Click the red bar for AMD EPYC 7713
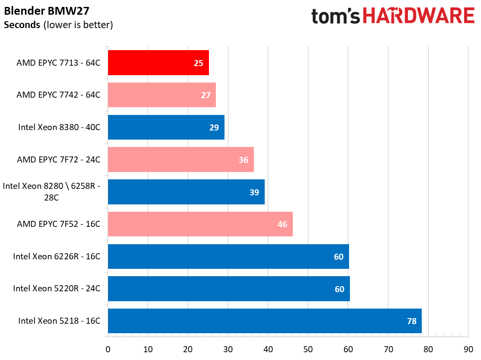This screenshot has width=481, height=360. [x=158, y=63]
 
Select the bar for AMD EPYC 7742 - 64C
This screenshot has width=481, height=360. [x=162, y=95]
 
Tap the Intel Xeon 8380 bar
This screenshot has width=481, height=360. [x=166, y=127]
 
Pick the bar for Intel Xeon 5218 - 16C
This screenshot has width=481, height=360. [x=265, y=321]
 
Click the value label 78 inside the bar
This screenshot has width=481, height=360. [x=412, y=321]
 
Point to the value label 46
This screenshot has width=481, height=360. [x=282, y=224]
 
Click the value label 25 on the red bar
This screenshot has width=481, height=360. [x=199, y=63]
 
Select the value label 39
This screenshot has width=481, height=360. [x=254, y=192]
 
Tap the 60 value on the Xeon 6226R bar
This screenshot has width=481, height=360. [x=339, y=257]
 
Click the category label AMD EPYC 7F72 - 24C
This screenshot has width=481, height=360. [x=58, y=159]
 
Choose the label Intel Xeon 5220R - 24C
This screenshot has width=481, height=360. [x=57, y=288]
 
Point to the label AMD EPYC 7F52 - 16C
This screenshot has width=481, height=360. [x=58, y=224]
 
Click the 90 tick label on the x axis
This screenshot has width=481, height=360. [x=468, y=349]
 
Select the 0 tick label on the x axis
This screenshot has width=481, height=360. [x=108, y=349]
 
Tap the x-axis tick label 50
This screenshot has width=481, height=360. [x=308, y=349]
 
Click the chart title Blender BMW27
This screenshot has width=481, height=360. [x=47, y=11]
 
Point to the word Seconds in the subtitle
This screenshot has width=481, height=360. [x=22, y=25]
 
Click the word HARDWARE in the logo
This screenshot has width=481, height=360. [x=419, y=16]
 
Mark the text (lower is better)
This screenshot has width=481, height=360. [x=78, y=25]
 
